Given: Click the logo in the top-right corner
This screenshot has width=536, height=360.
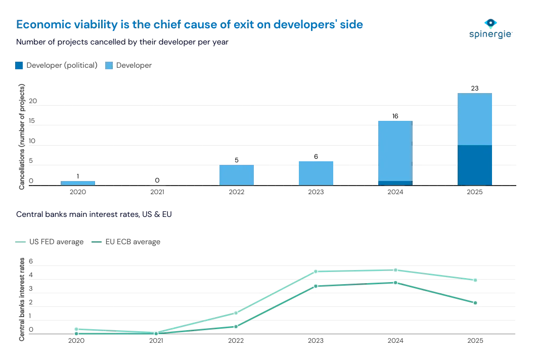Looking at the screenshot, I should click(x=490, y=29).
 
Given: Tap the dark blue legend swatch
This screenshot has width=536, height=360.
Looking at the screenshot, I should click(x=19, y=65).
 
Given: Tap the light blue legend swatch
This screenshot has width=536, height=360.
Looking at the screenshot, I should click(x=109, y=65).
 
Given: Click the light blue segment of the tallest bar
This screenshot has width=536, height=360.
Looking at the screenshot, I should click(x=475, y=119).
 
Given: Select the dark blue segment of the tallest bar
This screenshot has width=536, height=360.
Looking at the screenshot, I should click(x=475, y=165).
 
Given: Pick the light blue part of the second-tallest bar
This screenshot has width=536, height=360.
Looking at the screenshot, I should click(x=395, y=150).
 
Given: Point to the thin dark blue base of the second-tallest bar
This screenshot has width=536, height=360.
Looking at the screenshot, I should click(x=395, y=183).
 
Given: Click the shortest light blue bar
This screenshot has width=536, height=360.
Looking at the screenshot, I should click(x=78, y=182).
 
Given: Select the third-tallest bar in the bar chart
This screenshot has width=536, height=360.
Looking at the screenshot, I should click(x=316, y=172).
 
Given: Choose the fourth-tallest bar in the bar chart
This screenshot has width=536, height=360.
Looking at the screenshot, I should click(x=236, y=174).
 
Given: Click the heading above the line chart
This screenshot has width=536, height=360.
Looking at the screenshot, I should click(x=95, y=214).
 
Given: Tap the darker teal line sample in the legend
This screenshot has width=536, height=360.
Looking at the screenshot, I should click(x=96, y=243).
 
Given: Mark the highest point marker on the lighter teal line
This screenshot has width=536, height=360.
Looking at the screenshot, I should click(x=395, y=271).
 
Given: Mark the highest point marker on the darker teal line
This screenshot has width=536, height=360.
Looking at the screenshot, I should click(x=395, y=283).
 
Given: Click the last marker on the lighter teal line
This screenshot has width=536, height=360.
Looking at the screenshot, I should click(x=475, y=280).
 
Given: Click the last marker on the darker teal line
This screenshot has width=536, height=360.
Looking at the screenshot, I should click(x=475, y=302).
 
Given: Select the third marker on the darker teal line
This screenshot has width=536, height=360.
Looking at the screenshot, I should click(x=236, y=327).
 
